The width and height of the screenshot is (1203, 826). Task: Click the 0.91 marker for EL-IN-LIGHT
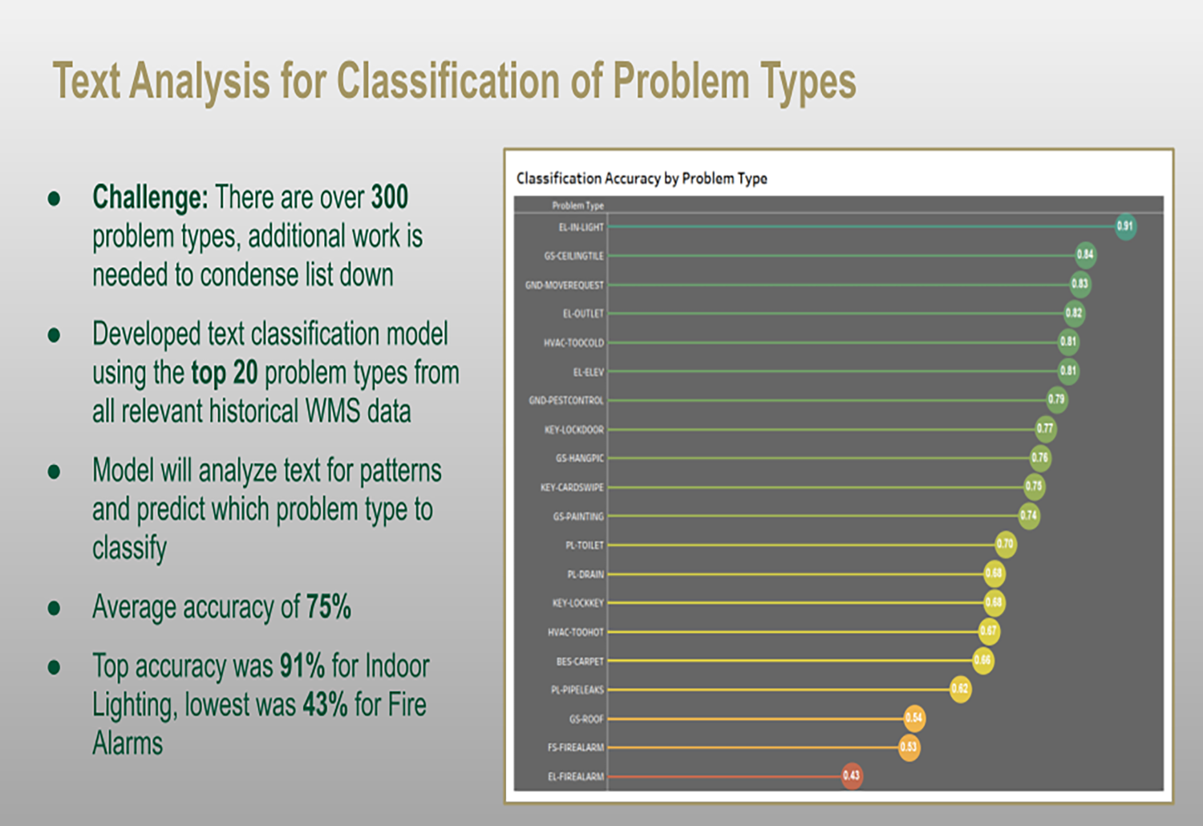tap(1125, 226)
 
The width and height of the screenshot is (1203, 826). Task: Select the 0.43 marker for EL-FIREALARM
tap(852, 775)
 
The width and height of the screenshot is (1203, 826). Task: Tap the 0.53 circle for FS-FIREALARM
tap(909, 747)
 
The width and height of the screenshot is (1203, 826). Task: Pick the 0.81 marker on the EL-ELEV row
tap(1068, 370)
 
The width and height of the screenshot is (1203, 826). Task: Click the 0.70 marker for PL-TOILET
tap(1005, 545)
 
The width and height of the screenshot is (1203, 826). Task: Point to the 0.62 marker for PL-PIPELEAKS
tap(960, 689)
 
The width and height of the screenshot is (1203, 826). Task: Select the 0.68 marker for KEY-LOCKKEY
tap(994, 602)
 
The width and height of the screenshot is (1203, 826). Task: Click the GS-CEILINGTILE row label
tap(573, 256)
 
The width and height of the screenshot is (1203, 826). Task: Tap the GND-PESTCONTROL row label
tap(566, 400)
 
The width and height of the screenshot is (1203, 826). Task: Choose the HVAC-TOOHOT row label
tap(575, 632)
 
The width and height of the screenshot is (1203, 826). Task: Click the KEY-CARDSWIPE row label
tap(572, 488)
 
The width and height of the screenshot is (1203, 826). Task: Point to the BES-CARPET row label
tap(580, 662)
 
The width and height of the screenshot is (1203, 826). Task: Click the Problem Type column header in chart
tap(577, 206)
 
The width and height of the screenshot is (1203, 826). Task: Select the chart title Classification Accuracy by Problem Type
tap(642, 178)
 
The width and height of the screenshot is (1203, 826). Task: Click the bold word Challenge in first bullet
tap(150, 197)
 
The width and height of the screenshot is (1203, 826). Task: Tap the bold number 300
tap(389, 197)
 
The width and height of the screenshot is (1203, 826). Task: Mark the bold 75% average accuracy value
tap(328, 607)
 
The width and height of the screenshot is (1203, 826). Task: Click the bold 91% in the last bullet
tap(302, 666)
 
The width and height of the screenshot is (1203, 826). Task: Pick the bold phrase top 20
tap(224, 373)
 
